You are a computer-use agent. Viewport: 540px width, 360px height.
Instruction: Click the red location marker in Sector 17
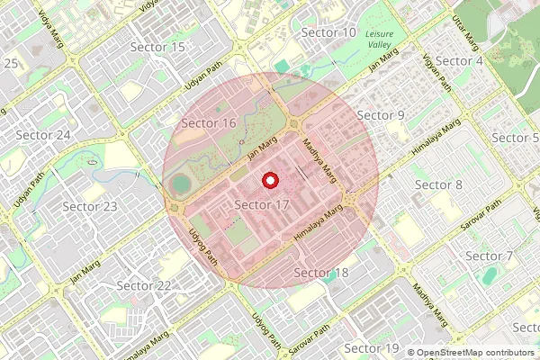269,181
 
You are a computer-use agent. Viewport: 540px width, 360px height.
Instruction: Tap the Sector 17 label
261,205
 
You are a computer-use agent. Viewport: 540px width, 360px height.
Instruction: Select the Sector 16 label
209,122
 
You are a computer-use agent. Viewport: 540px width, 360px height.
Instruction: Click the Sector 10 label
328,32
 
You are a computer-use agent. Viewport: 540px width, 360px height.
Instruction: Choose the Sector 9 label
381,115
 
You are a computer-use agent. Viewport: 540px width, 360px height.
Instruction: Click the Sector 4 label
460,60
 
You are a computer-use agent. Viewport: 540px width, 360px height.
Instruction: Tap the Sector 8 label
438,184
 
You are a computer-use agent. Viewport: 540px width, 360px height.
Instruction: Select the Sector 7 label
489,256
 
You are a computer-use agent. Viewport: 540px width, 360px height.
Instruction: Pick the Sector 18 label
321,273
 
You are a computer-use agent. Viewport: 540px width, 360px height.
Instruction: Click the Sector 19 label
372,347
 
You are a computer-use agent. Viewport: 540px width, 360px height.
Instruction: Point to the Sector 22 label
144,285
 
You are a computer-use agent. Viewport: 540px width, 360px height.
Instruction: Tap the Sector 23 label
90,206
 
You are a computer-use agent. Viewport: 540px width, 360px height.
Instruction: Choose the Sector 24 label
43,135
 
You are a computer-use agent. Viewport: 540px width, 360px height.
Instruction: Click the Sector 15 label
157,46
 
